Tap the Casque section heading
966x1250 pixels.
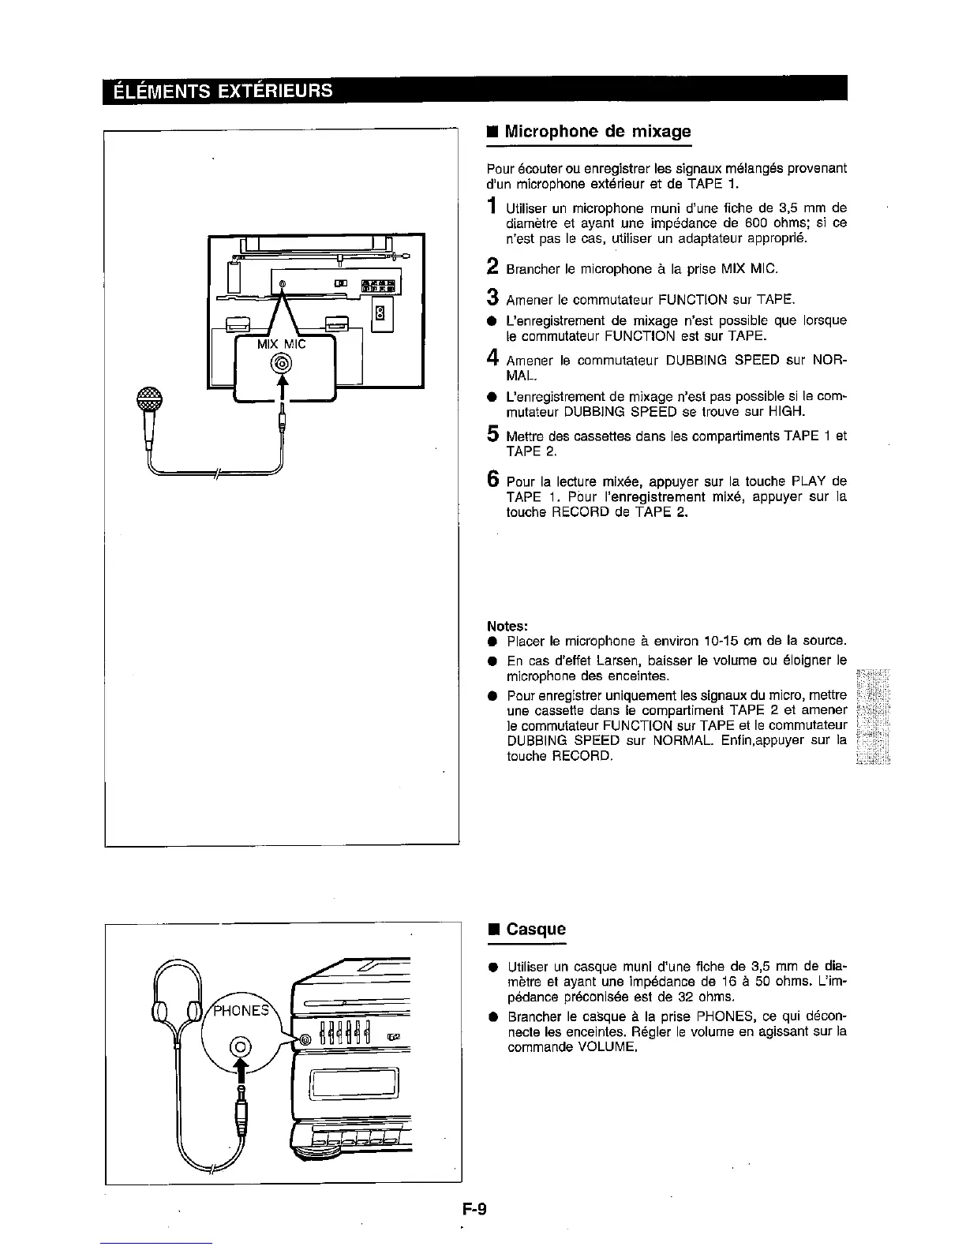click(536, 929)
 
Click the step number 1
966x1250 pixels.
click(492, 208)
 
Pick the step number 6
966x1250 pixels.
click(492, 481)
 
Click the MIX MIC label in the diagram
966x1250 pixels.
click(282, 345)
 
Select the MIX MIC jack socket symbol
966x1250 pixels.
click(282, 364)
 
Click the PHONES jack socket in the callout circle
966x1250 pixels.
click(241, 1047)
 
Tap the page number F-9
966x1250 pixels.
click(475, 1207)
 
